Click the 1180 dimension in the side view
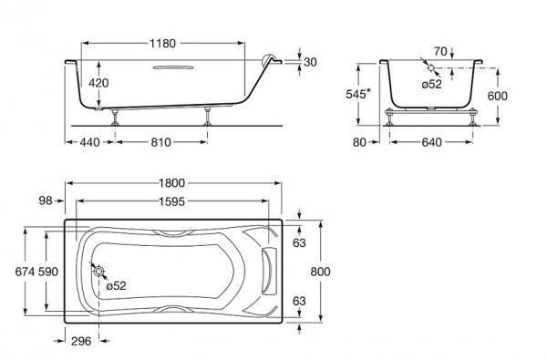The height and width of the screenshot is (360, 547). point(162,44)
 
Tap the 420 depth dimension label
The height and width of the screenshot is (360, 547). point(98,83)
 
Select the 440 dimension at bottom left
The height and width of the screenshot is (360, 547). point(89,142)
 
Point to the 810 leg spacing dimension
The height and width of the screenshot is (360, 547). point(160,142)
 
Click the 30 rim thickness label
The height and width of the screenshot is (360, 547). point(310,62)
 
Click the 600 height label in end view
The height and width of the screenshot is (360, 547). point(498,96)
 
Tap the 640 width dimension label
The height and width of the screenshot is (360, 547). point(431,142)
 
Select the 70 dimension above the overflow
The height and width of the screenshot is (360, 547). point(440,52)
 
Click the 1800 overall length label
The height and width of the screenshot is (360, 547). point(171,183)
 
